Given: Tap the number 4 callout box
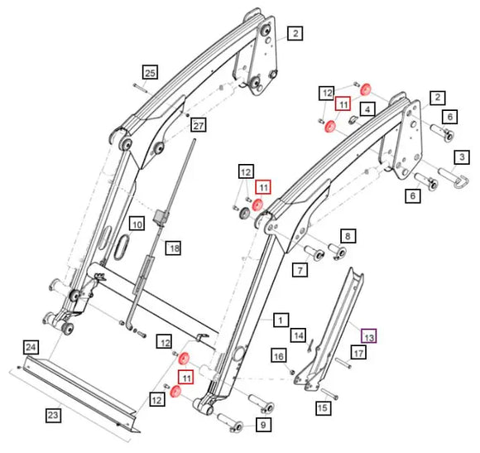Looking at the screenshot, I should tap(368, 108).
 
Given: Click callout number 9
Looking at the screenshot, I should tap(263, 426).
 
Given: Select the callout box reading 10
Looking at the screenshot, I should tap(137, 224).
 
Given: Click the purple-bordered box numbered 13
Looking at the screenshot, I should tap(368, 336).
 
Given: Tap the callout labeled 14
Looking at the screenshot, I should tap(298, 335).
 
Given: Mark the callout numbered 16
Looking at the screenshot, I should tap(279, 355).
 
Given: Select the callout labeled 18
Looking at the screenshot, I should tap(173, 248).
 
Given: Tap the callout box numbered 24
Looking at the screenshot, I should tap(31, 346).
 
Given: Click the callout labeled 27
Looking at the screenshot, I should tap(198, 125).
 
